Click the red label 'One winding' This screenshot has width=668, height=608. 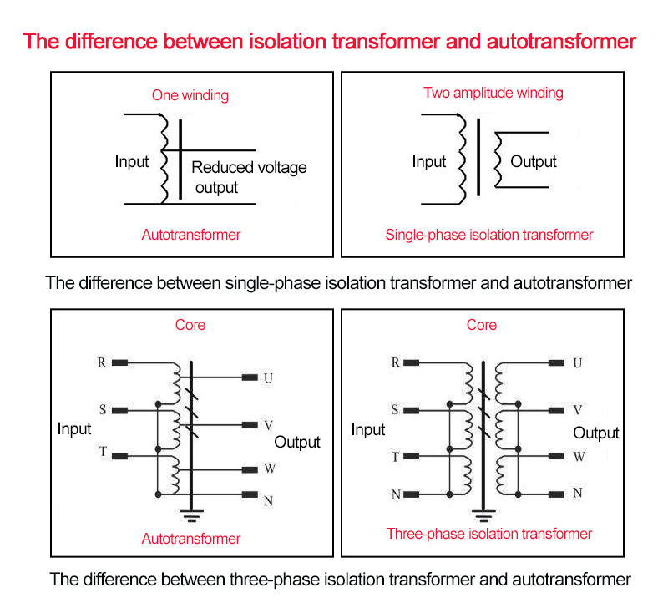click(x=190, y=95)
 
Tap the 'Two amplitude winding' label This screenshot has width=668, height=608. click(x=493, y=93)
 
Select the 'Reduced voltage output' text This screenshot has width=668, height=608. click(x=249, y=177)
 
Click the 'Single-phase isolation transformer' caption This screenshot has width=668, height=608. click(x=488, y=235)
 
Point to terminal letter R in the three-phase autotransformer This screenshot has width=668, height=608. click(x=102, y=362)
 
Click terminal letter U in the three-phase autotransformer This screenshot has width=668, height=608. click(x=268, y=378)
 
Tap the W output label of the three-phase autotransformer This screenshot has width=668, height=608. click(x=270, y=469)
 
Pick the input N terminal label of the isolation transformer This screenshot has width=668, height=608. click(x=396, y=494)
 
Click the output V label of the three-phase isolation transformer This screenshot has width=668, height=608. click(x=578, y=410)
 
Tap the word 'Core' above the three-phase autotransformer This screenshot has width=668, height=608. click(x=190, y=325)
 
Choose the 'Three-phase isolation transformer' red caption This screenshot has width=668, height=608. click(x=488, y=534)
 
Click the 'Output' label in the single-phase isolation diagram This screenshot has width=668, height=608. click(x=533, y=162)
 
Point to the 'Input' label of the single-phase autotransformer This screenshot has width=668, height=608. click(x=132, y=162)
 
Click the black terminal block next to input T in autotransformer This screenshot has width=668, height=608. click(x=120, y=456)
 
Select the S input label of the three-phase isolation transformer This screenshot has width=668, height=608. click(x=396, y=410)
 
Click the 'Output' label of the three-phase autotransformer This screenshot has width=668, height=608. click(x=297, y=442)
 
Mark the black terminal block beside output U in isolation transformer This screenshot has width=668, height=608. click(x=556, y=362)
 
